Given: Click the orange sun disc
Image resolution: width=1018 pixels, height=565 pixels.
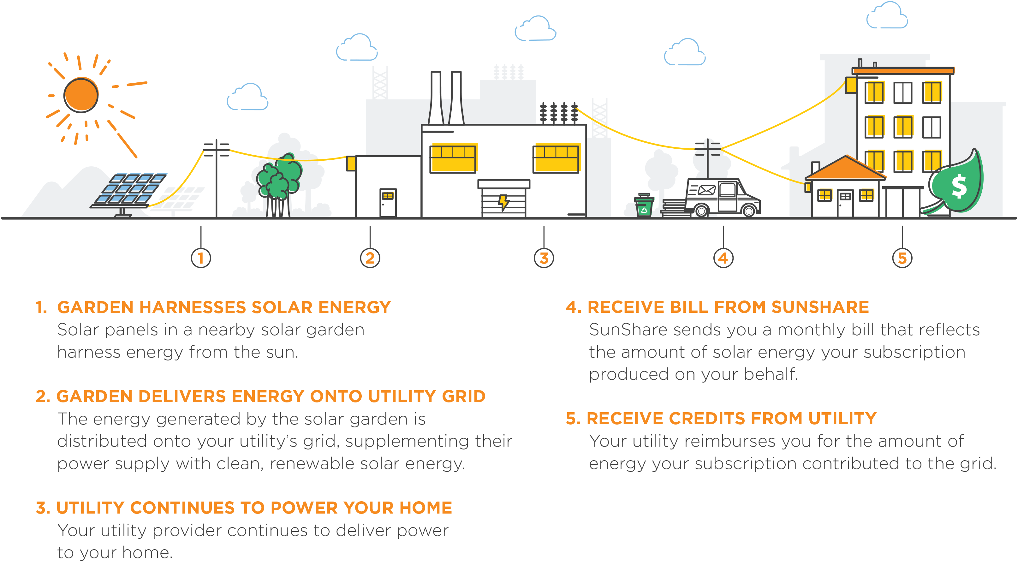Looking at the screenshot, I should [81, 95].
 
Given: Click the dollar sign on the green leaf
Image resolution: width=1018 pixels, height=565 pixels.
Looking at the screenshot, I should [959, 187].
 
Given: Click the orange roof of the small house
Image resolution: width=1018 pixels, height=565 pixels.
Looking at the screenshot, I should [845, 168].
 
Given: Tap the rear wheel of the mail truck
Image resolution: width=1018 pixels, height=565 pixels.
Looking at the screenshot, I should [701, 211].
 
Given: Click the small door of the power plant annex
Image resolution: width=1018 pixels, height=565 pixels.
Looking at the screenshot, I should [388, 202].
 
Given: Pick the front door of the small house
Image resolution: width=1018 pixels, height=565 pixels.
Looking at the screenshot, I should [845, 203].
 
